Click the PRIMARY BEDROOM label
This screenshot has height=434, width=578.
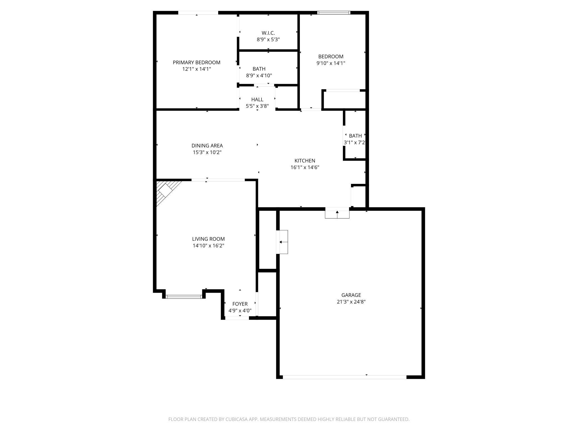[196, 62]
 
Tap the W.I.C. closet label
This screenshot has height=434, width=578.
[268, 33]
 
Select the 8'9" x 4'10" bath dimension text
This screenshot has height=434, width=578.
[259, 75]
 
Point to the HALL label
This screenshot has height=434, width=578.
[257, 99]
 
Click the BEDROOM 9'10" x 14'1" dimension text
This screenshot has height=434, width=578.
[331, 63]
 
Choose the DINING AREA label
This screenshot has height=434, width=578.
[207, 146]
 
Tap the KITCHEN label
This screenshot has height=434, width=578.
[305, 161]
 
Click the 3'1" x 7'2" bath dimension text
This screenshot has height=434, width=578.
[354, 142]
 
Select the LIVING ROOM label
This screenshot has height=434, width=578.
[208, 239]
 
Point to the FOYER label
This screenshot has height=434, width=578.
[240, 304]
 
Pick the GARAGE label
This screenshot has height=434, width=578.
[351, 295]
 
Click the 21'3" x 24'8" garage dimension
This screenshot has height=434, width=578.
[351, 302]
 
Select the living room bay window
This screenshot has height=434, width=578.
[184, 297]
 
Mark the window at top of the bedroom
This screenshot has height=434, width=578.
[334, 13]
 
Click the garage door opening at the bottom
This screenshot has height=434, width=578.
[345, 377]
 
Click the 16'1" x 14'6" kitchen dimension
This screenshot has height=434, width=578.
[305, 167]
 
